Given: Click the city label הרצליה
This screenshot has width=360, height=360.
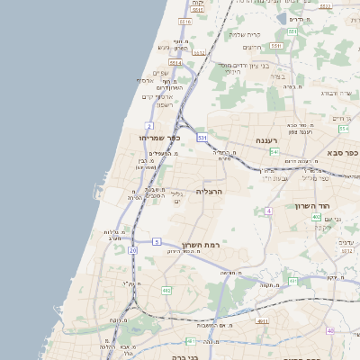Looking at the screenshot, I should [x=208, y=192].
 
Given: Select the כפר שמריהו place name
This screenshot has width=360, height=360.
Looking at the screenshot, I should [x=160, y=137].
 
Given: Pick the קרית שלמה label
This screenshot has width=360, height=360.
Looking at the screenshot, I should [x=244, y=35].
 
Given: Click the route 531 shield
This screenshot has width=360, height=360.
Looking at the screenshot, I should [x=202, y=138].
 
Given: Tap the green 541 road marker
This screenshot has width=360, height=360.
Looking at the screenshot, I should [x=274, y=152].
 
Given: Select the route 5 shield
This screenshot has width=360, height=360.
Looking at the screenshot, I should [x=157, y=241].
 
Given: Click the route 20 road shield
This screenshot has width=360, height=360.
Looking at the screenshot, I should [x=133, y=250].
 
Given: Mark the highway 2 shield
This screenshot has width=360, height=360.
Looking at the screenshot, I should [x=148, y=125].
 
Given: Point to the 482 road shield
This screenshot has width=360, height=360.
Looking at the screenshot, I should [x=166, y=291].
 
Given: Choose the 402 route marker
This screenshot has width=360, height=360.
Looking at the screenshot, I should [x=316, y=217].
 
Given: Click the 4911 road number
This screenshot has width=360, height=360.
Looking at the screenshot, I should [x=262, y=320].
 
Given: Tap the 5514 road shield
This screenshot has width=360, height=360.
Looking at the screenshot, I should [x=175, y=64].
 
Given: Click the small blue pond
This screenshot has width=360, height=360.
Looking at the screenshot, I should [x=282, y=18].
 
